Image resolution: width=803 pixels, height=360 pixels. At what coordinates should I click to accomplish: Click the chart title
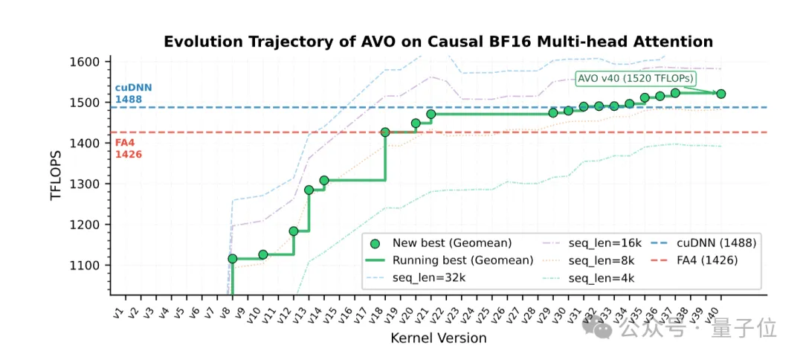[438, 42]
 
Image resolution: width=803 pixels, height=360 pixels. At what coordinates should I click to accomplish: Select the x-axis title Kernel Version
[438, 338]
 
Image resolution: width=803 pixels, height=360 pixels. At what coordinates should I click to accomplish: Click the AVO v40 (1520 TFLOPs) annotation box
[636, 78]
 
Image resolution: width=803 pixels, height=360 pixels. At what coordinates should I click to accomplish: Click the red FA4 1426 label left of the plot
[124, 149]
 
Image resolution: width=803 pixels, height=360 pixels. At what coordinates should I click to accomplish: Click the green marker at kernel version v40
[720, 94]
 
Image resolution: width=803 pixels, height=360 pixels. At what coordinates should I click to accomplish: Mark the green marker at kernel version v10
[262, 254]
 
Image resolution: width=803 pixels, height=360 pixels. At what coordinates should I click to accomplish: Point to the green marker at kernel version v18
[385, 132]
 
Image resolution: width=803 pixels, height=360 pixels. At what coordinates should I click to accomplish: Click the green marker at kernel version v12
[294, 231]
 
